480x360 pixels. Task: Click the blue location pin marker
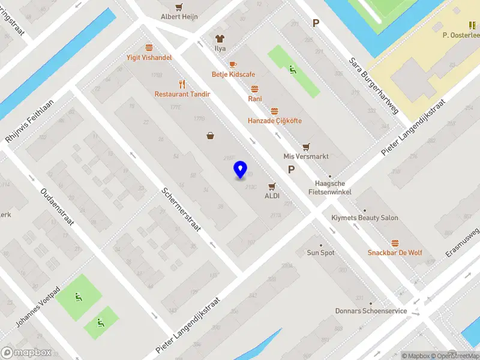pos(240,170)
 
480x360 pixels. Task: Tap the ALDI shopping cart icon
pos(272,186)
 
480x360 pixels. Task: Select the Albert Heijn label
pos(179,17)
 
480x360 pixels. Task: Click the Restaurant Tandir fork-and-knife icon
pos(180,85)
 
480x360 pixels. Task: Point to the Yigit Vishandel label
pos(149,58)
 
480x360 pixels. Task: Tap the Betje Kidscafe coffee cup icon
pos(233,65)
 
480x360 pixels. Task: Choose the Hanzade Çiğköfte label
pos(275,121)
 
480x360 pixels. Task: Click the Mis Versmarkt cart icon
pos(306,146)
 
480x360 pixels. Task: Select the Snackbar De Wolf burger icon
pos(395,243)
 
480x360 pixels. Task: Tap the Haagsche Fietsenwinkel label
pos(329,188)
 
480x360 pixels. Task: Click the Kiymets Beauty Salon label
pos(365,218)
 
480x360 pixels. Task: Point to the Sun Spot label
pos(321,253)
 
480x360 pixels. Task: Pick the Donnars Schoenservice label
pos(371,311)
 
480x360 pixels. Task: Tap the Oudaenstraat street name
pos(56,207)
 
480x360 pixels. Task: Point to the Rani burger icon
pos(254,89)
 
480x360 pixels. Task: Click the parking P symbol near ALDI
pos(291,170)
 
